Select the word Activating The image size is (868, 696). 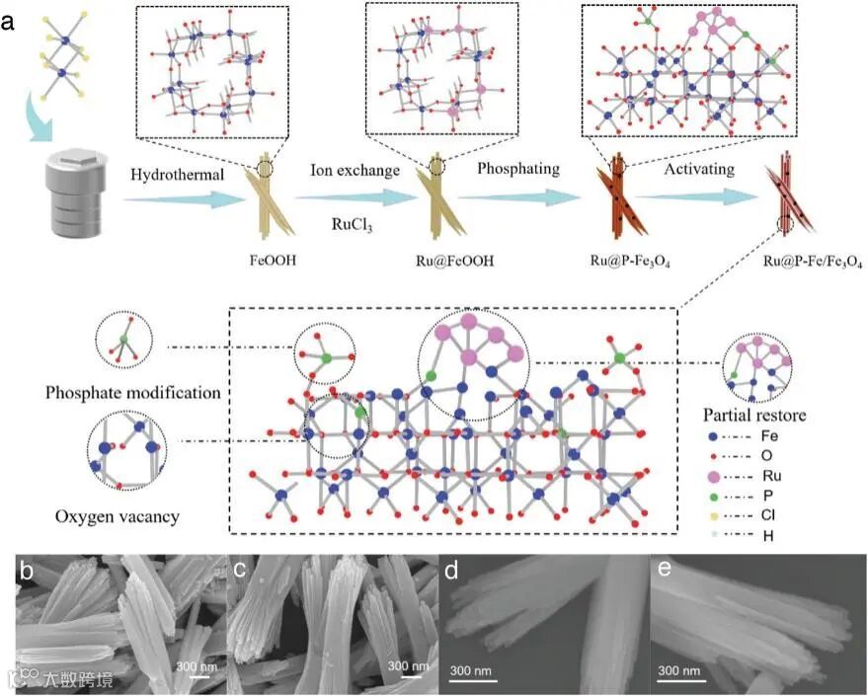click(699, 169)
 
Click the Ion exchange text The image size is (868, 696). click(356, 171)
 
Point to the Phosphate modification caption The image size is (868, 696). click(132, 392)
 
